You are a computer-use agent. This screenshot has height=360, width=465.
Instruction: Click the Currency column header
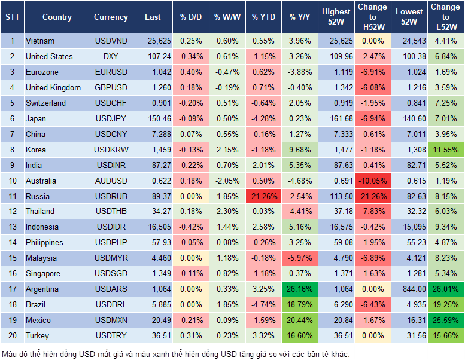click(x=111, y=17)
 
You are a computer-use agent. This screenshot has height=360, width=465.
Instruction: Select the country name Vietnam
click(x=40, y=41)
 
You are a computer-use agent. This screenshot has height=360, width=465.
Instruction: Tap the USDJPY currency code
click(x=111, y=118)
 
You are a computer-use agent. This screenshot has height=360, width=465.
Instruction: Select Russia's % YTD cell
click(x=263, y=196)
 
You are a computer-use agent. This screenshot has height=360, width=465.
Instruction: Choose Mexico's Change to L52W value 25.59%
click(x=445, y=321)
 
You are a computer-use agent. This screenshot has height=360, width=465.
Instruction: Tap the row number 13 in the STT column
click(x=12, y=227)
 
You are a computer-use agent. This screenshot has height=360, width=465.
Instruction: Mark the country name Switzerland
click(x=45, y=103)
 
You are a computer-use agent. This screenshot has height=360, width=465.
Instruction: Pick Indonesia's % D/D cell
click(x=190, y=227)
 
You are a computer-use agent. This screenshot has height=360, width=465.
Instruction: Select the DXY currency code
click(x=111, y=56)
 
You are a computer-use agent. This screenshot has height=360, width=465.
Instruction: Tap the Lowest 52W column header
click(x=409, y=17)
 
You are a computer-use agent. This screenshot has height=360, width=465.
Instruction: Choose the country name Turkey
click(x=38, y=336)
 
